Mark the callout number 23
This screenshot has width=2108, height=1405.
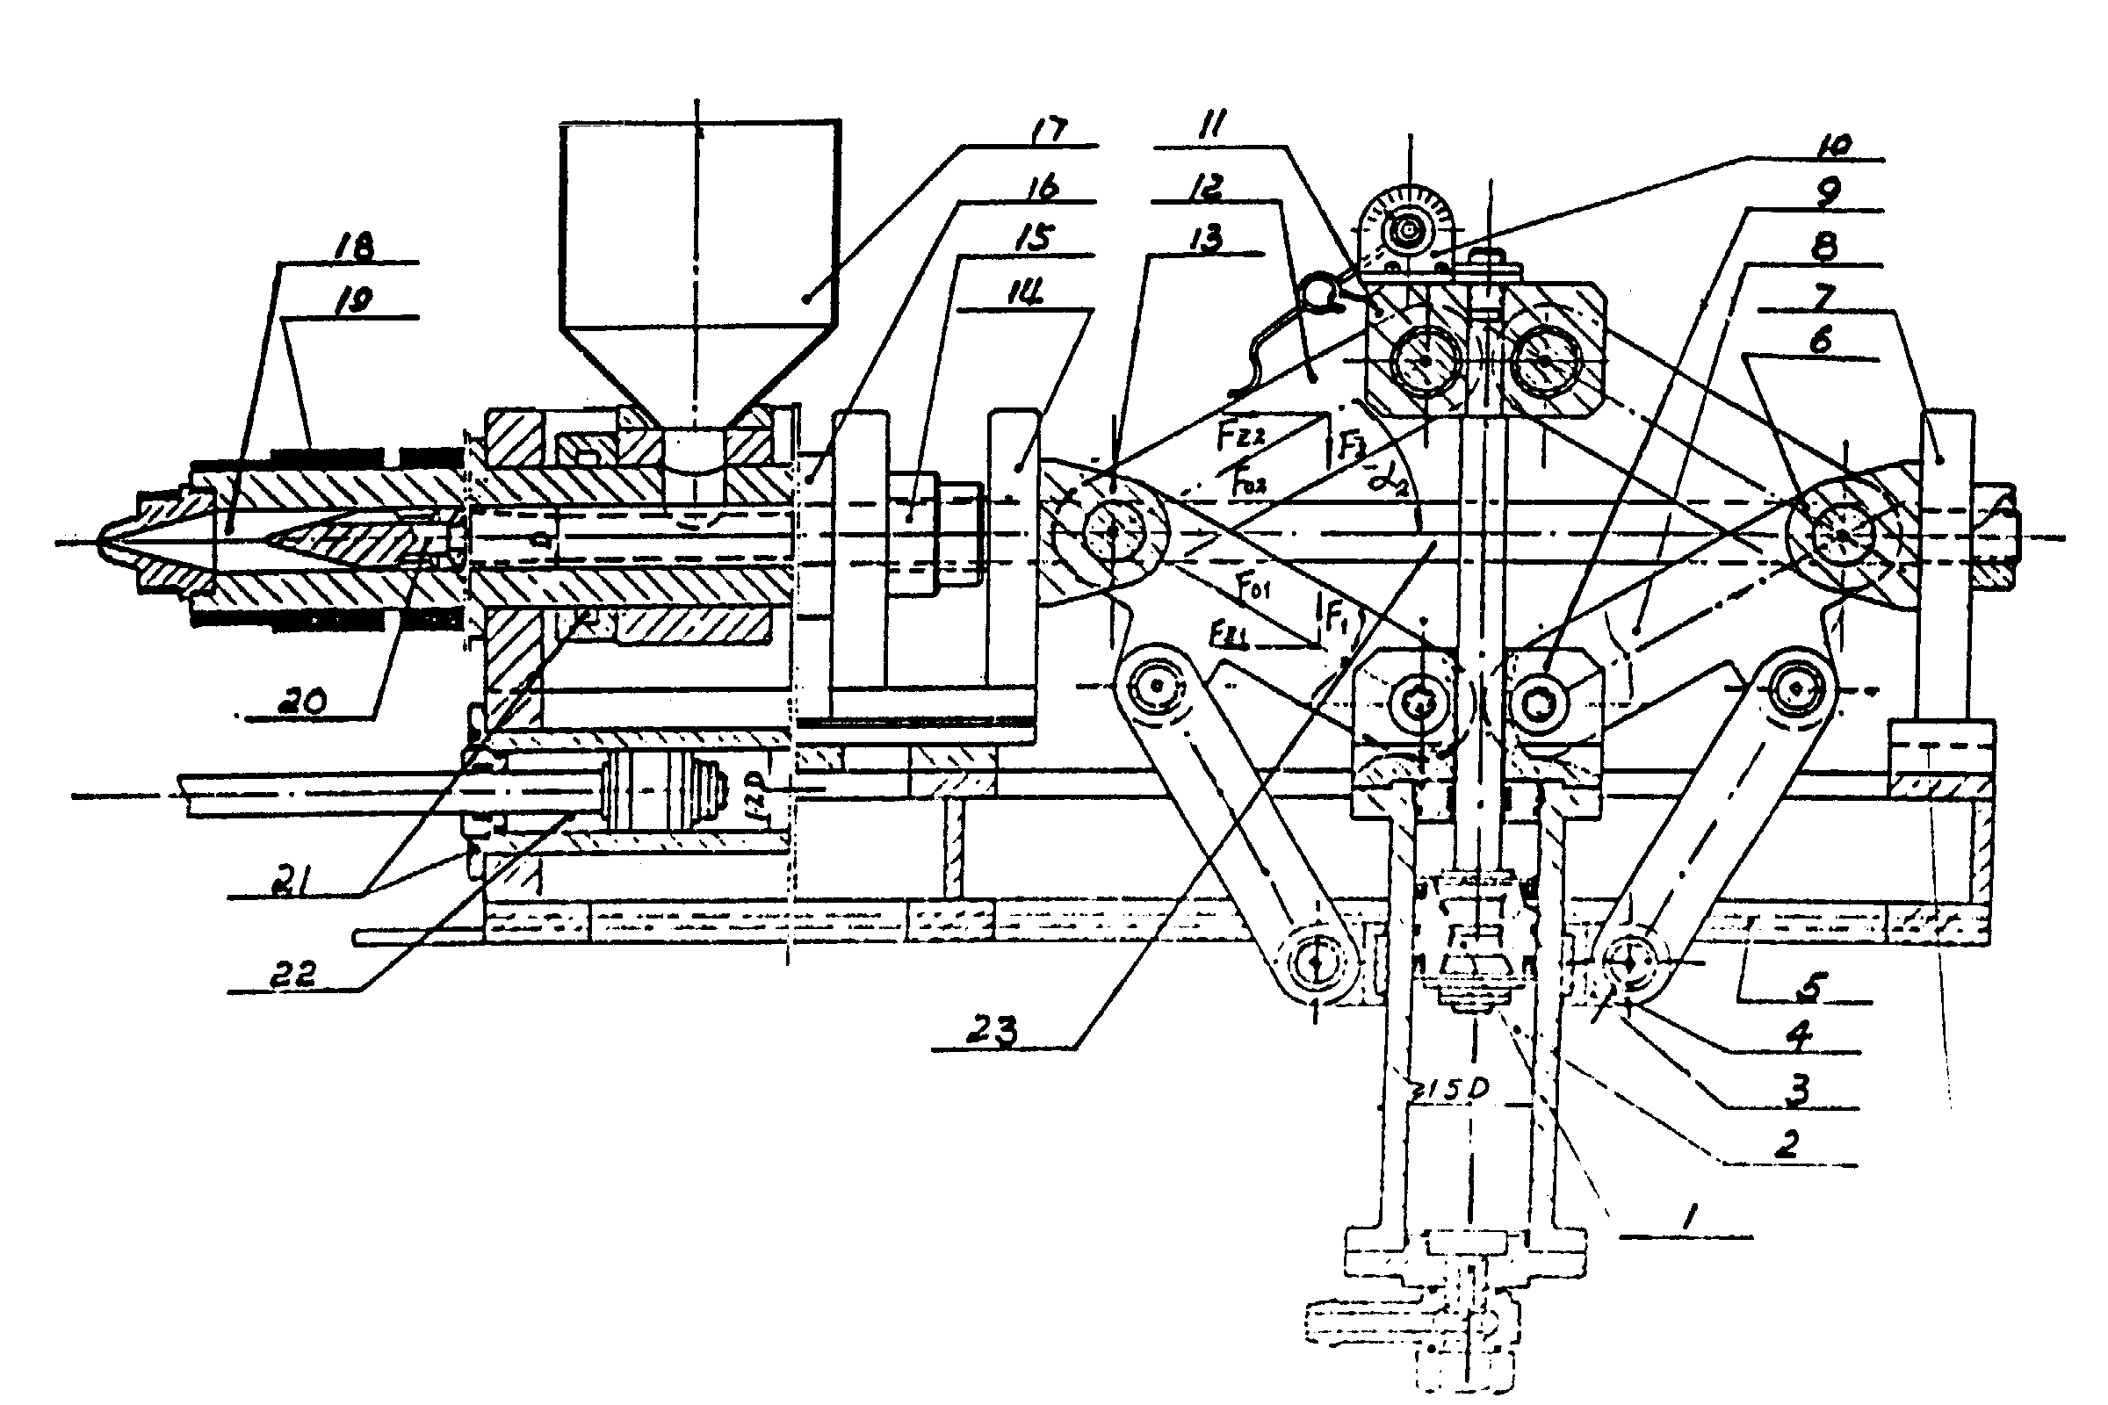pyautogui.click(x=996, y=1033)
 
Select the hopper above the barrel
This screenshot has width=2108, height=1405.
pyautogui.click(x=699, y=260)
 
